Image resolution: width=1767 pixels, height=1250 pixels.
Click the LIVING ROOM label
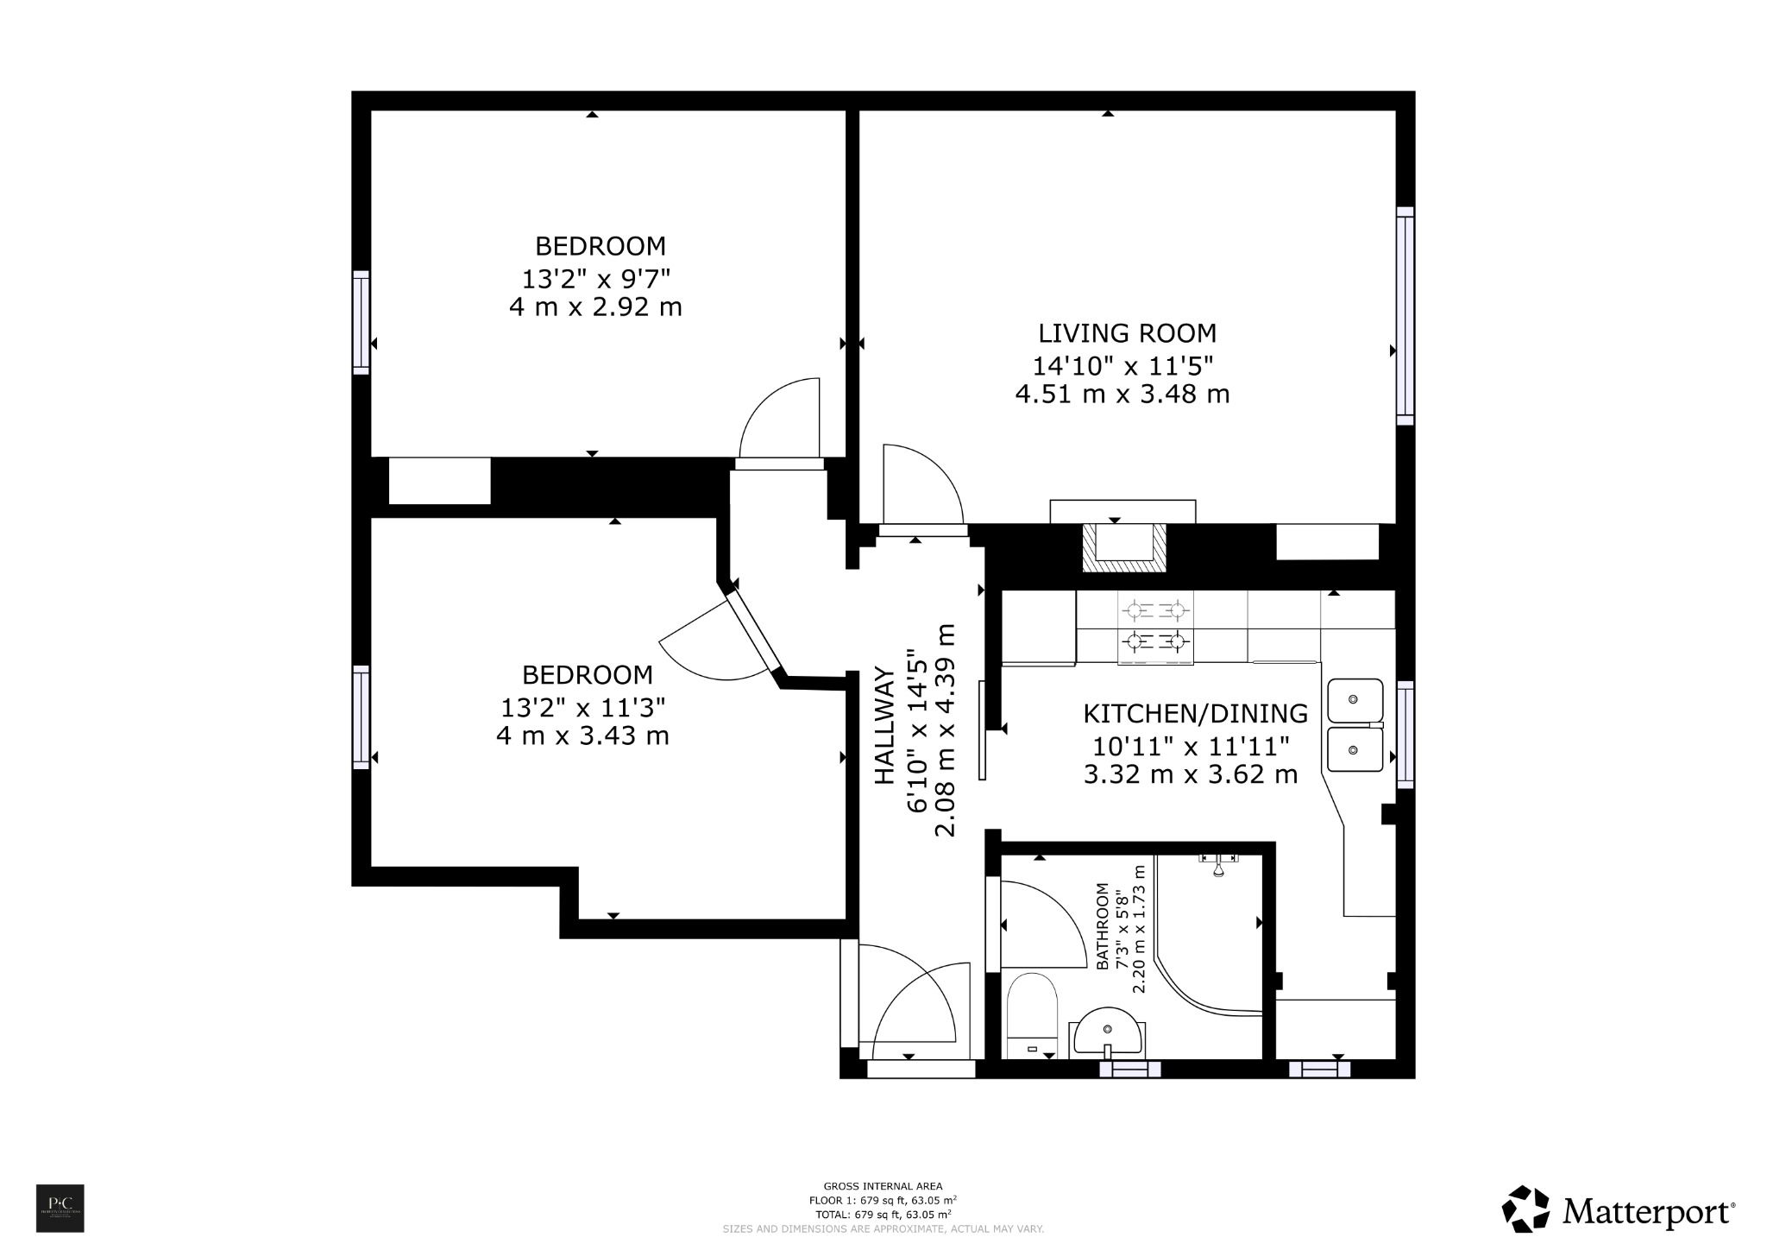(1126, 333)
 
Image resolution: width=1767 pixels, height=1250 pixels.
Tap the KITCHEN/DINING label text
(1195, 714)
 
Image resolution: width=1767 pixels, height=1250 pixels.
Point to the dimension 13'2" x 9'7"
(595, 279)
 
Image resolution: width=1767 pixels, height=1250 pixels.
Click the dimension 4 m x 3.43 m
(582, 736)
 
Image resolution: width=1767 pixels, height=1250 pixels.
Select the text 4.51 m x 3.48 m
(1122, 395)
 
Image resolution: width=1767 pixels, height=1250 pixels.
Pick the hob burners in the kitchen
(1155, 626)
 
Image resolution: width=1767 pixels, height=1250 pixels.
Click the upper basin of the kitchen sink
(1355, 700)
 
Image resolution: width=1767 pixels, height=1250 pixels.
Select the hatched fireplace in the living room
(1124, 549)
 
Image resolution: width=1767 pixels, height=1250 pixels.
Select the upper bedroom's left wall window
(361, 322)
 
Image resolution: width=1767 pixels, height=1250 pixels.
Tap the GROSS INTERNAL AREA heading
(883, 1186)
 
